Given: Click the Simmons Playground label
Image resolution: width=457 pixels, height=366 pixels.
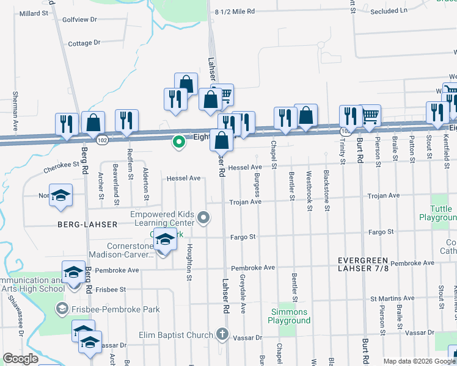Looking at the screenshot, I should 290,316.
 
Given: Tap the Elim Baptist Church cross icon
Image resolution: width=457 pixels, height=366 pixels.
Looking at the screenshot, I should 222,334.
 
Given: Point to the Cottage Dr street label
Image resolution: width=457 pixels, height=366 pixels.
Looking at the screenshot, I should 84,43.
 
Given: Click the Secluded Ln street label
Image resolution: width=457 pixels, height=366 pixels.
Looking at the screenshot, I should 387,11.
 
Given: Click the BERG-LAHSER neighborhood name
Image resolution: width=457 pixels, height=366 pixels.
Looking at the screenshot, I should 87,224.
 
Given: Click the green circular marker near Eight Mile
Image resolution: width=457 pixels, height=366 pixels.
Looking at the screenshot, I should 178,142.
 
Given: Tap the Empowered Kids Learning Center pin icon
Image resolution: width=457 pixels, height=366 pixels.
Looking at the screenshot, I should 207,217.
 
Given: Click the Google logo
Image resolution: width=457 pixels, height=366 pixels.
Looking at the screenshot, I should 20,359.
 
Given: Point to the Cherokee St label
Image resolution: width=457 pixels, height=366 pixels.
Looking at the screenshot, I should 62,164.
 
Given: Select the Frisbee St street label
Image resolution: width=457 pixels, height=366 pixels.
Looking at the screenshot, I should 111,289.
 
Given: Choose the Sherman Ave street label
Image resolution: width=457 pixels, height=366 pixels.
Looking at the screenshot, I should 15,105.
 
